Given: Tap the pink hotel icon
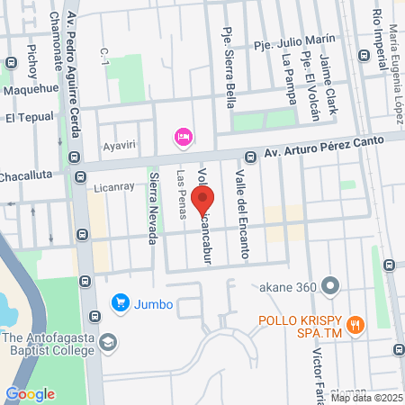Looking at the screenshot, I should (183, 136).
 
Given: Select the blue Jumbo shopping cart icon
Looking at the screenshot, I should (118, 303).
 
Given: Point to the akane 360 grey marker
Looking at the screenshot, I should (331, 287).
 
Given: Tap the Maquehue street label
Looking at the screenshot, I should (31, 90).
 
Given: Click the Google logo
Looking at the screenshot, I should (30, 393).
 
